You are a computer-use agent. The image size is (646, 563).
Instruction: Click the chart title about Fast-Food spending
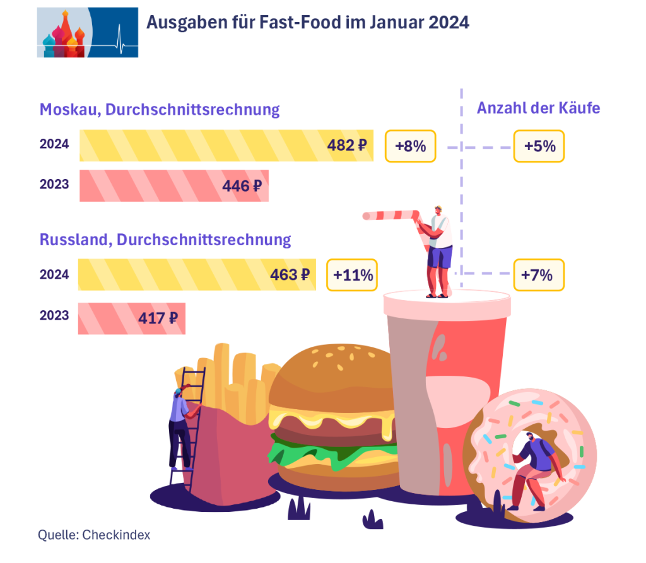pos(308,23)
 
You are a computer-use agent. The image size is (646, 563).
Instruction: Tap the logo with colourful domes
pos(87,32)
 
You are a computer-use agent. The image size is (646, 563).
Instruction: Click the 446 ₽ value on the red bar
pos(242,185)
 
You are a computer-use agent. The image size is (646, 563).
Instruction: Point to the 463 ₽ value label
pos(290,275)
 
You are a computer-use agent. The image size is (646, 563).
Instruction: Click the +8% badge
pos(410,146)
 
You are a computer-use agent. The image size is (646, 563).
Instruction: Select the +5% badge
pos(539,146)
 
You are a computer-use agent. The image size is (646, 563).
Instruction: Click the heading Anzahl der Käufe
pos(538,108)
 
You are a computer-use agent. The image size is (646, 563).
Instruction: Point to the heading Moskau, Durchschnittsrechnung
pos(160,110)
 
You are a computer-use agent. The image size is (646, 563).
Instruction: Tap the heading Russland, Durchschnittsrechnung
pos(165,240)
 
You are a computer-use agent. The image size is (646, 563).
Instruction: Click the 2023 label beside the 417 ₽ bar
pos(54,315)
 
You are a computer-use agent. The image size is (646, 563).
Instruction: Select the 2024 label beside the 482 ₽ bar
pos(54,144)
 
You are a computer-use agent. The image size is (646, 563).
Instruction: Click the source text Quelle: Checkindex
pos(94,535)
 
